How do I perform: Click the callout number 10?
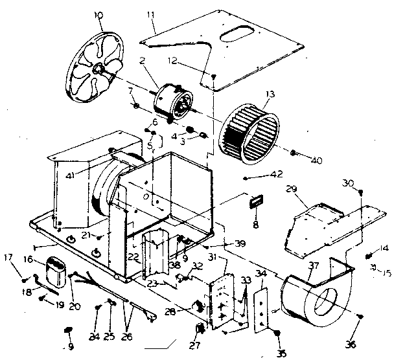(x=98, y=14)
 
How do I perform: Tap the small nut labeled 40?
(x=293, y=153)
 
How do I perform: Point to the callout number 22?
(x=132, y=258)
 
